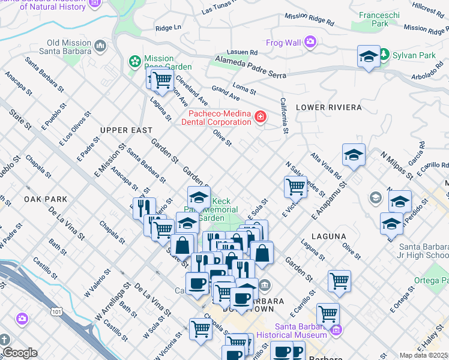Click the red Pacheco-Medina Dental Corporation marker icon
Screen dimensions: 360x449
point(261,116)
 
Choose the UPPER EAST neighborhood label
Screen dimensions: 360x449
point(126,130)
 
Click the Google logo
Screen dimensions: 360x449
point(19,353)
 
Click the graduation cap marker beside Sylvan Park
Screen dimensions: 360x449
point(369,57)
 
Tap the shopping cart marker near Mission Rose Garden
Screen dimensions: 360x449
point(161,79)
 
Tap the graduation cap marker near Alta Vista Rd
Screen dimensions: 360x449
point(354,155)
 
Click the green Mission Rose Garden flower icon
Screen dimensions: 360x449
point(135,61)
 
